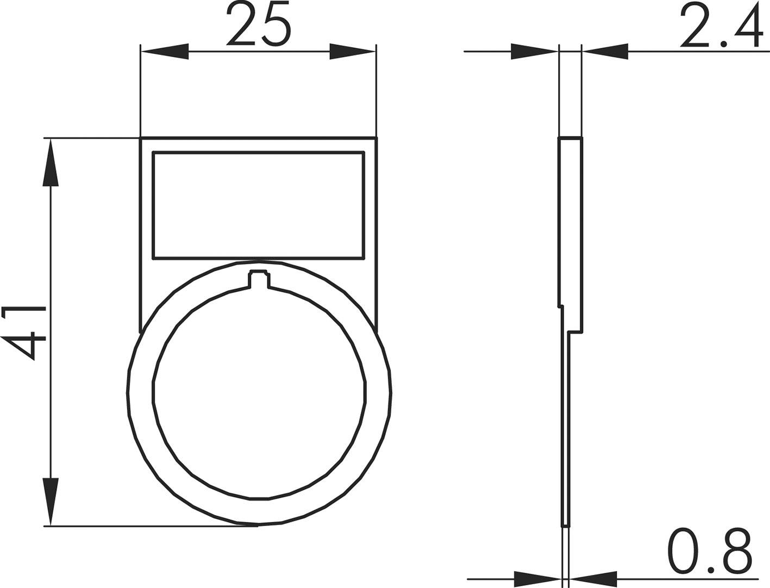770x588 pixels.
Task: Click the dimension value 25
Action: (259, 24)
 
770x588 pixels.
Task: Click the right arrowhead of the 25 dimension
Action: (352, 52)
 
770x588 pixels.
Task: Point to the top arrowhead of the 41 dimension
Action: (51, 163)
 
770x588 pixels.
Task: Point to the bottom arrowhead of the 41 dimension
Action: (51, 501)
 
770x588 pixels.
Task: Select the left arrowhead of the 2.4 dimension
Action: (534, 52)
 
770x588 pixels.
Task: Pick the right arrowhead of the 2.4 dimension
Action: (605, 52)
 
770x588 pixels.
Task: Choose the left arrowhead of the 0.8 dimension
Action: (537, 579)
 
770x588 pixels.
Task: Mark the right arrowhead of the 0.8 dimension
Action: (593, 579)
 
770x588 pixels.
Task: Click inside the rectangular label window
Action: (258, 204)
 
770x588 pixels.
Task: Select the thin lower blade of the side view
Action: (566, 435)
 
